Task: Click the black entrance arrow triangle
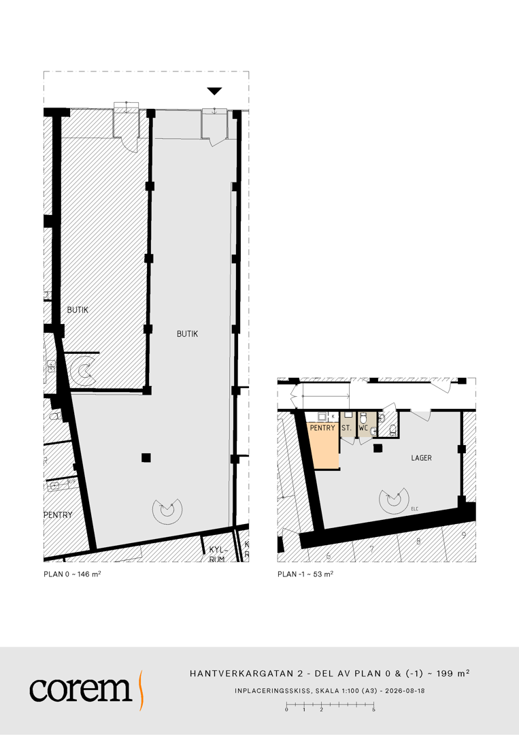coord(214,91)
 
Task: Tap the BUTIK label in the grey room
coord(187,333)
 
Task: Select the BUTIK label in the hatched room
coord(78,310)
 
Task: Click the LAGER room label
coord(421,458)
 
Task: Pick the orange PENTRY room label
coord(322,428)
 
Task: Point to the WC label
coord(363,428)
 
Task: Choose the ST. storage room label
coord(347,428)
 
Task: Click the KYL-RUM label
coord(218,554)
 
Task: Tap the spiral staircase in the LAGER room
coord(394,501)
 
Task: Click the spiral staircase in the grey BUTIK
coord(167,511)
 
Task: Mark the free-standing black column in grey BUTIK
coord(146,457)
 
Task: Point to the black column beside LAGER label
coord(378,448)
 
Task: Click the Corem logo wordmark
coord(80,689)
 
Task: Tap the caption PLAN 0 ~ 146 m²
coord(73,574)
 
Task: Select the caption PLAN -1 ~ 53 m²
coord(305,574)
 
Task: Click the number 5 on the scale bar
coord(374,710)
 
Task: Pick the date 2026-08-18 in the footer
coord(405,691)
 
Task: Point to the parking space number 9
coord(464,535)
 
